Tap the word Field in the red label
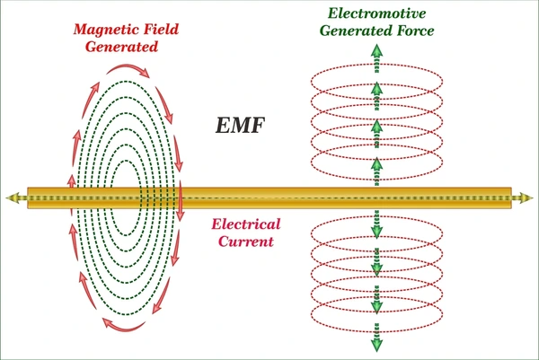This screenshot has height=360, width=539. coord(161,29)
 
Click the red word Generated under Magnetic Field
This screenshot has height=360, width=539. coord(121,47)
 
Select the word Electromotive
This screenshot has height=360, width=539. coord(376,13)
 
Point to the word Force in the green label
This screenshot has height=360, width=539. coord(415,31)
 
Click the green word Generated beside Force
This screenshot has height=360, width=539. coord(356,31)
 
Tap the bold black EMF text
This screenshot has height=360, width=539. coord(240,125)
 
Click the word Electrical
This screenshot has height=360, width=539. coord(246,224)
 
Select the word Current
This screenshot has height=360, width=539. coord(246,241)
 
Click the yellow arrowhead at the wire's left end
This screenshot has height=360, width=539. coord(12,198)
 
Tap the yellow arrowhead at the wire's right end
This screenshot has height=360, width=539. coord(526,198)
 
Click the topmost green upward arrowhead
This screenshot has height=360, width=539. coord(376,50)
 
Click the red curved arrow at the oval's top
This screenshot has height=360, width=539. coord(128,68)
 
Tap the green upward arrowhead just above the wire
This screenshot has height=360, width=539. coord(376,163)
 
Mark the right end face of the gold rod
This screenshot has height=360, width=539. coord(510,198)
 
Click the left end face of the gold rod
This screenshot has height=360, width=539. coord(29,198)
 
